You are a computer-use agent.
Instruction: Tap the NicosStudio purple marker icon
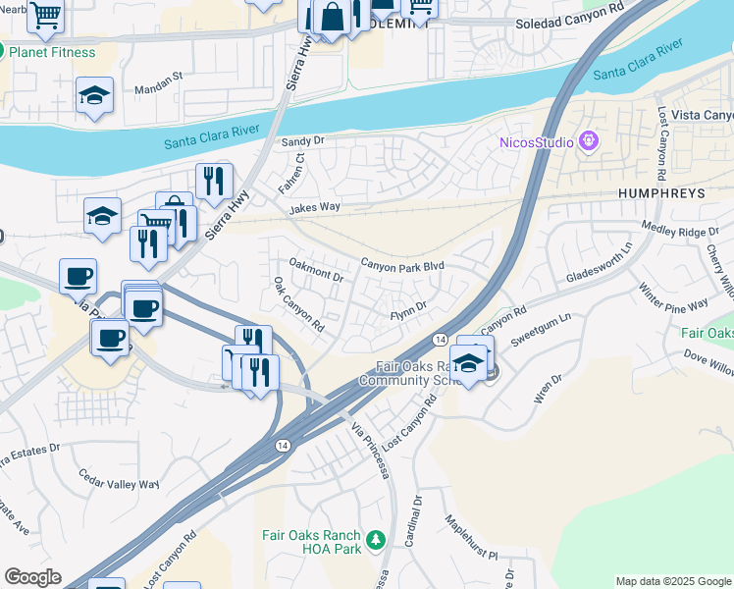(x=589, y=141)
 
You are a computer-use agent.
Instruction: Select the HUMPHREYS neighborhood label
(x=661, y=194)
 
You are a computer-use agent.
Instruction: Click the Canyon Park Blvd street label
(x=402, y=265)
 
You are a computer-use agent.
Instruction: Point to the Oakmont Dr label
(x=316, y=270)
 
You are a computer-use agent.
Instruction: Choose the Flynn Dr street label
(x=408, y=307)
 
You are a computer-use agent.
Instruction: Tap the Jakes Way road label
(x=314, y=208)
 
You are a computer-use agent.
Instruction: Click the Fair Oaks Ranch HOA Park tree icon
(x=374, y=539)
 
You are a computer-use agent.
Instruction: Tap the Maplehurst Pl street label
(x=472, y=533)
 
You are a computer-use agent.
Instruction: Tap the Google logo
(x=32, y=577)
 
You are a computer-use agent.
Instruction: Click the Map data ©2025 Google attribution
(x=673, y=581)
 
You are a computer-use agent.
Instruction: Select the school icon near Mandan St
(x=95, y=95)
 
